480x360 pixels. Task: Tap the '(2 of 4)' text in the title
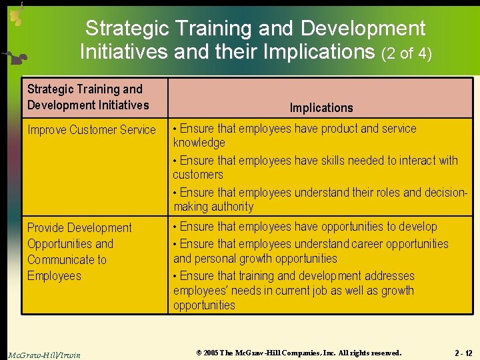click(407, 53)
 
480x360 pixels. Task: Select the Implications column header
click(321, 107)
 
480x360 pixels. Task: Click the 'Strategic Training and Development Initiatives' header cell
click(88, 97)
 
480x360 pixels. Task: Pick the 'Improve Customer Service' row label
click(91, 130)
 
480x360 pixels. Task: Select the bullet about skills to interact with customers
click(315, 167)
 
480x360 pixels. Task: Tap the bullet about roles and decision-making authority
click(319, 199)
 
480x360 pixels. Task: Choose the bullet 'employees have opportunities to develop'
click(305, 227)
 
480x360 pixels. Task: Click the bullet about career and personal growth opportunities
click(310, 251)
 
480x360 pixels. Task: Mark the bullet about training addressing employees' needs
click(293, 290)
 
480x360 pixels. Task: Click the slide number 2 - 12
click(463, 353)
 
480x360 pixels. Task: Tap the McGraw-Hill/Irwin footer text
click(44, 355)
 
